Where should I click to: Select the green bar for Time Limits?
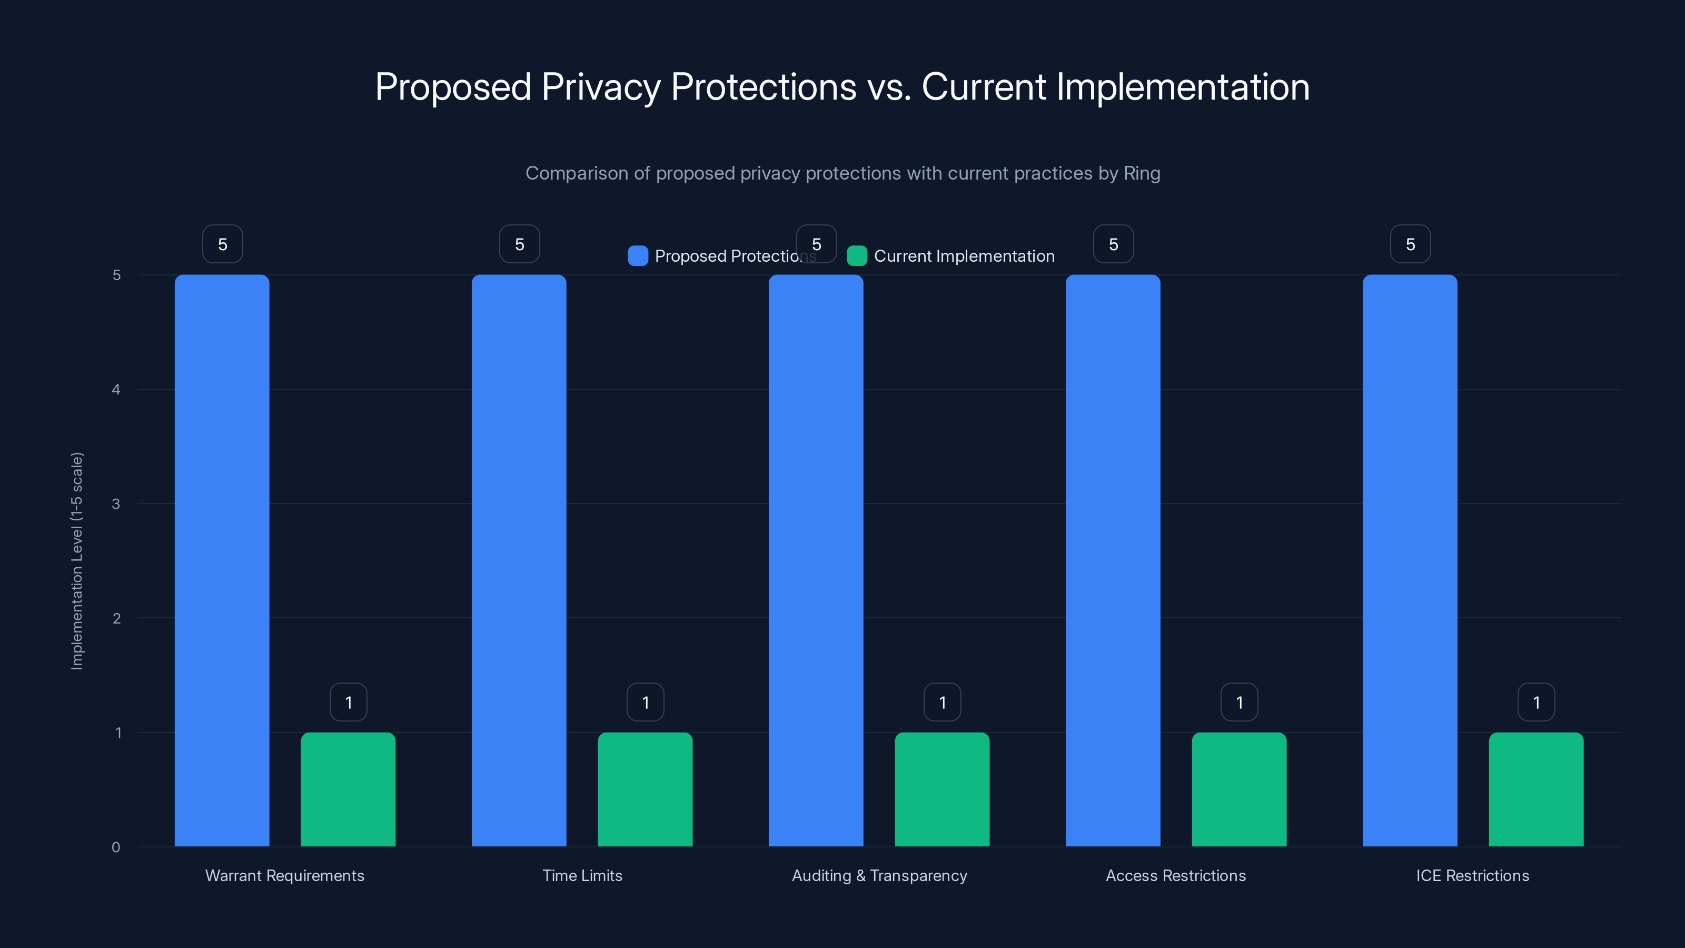(x=645, y=789)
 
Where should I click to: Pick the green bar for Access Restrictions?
(x=1239, y=789)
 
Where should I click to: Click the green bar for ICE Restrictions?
(x=1536, y=789)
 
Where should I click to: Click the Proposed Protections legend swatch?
(x=638, y=256)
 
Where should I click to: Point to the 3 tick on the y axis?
(x=116, y=504)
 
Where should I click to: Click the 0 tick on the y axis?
(x=116, y=847)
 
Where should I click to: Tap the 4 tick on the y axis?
(x=116, y=389)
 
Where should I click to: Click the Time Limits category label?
(x=582, y=875)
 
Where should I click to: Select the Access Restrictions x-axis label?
(x=1175, y=875)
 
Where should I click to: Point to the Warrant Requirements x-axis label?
(x=284, y=875)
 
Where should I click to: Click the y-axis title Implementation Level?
(x=77, y=561)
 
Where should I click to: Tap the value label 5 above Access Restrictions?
(x=1113, y=244)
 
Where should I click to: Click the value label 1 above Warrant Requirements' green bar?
(x=349, y=702)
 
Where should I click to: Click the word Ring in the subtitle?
(x=1142, y=173)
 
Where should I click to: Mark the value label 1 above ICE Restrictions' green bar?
(x=1536, y=702)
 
